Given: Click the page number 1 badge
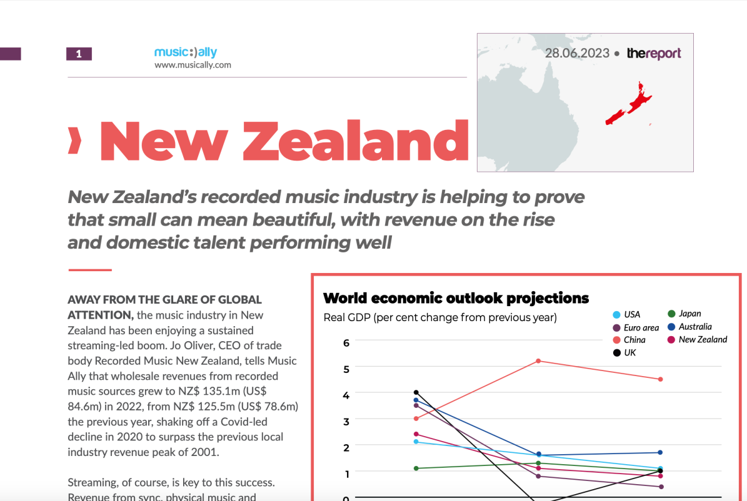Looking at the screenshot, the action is tap(79, 54).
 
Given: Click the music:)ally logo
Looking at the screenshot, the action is tap(186, 52).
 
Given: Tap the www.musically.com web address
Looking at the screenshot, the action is tap(193, 65).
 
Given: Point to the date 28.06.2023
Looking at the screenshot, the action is tap(577, 53).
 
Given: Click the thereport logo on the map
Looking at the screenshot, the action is tap(654, 53).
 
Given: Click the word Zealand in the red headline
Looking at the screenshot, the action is tap(356, 141).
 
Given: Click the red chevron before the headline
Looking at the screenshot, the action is tap(74, 141).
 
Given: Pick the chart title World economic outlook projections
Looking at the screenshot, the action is tap(456, 298).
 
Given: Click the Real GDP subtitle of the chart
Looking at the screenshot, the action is tap(439, 317).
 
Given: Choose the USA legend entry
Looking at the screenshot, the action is tap(626, 314).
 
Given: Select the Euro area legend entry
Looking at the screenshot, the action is tap(636, 328).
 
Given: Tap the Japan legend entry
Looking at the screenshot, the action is tap(684, 314).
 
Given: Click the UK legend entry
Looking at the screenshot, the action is tap(624, 353).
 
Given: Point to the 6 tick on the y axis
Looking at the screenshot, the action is tap(346, 343).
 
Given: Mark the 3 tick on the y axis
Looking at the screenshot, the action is tap(346, 422).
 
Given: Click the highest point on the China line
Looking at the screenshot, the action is tap(538, 361).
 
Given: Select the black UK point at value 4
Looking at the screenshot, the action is tap(416, 392).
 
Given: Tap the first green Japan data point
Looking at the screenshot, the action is tap(416, 469).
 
